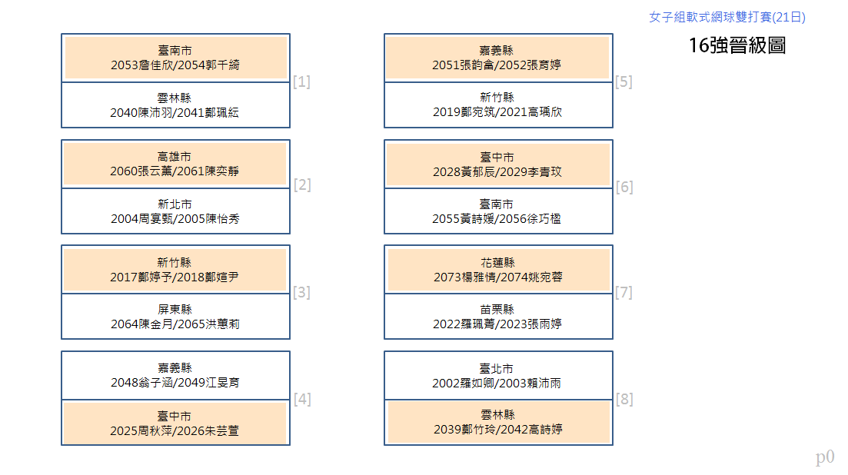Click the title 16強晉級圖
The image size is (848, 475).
[737, 45]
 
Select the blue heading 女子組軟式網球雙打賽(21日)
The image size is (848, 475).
[727, 17]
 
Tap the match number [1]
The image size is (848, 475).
[301, 81]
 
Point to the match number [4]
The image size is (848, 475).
[302, 400]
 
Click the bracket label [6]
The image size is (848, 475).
[624, 187]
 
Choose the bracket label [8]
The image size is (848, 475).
[624, 400]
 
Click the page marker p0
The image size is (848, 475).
[825, 457]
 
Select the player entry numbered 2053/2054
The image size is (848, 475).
[175, 65]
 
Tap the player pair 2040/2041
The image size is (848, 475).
[175, 113]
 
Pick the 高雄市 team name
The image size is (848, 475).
[175, 157]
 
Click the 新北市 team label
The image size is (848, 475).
[175, 204]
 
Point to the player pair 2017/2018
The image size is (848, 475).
[175, 277]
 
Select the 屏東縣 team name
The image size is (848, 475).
[175, 309]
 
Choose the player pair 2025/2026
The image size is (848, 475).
[175, 430]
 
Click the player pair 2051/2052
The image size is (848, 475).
[497, 65]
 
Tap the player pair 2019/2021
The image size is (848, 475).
[497, 112]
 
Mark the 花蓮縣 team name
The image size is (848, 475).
[497, 263]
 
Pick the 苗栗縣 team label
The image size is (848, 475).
[497, 309]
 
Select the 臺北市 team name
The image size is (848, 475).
[496, 368]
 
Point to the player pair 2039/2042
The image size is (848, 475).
[497, 429]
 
